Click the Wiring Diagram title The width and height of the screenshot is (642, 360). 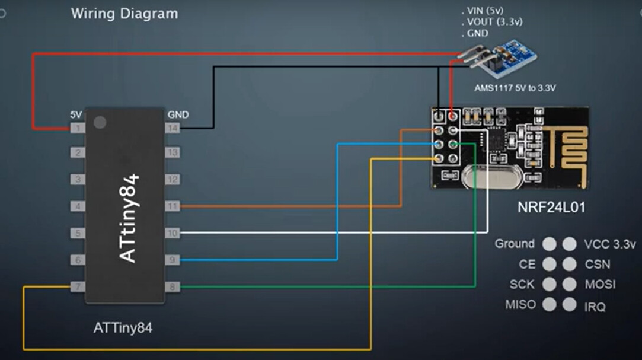pyautogui.click(x=124, y=14)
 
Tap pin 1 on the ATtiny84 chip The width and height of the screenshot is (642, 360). pyautogui.click(x=78, y=128)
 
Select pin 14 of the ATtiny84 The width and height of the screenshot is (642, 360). pyautogui.click(x=172, y=128)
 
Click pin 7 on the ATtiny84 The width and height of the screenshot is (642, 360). pyautogui.click(x=78, y=287)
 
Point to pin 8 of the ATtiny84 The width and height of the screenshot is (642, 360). pyautogui.click(x=172, y=287)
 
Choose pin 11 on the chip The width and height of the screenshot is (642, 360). pyautogui.click(x=172, y=206)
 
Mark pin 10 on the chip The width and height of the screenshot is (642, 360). pyautogui.click(x=172, y=233)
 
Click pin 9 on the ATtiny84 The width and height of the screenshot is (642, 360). pyautogui.click(x=172, y=260)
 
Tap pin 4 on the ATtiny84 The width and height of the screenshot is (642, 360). pyautogui.click(x=78, y=206)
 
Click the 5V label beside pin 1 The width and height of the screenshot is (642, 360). pyautogui.click(x=76, y=114)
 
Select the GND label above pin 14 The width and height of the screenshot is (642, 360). pyautogui.click(x=178, y=114)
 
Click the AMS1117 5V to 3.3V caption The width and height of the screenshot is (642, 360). pyautogui.click(x=515, y=88)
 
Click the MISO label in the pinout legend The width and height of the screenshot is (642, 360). pyautogui.click(x=520, y=305)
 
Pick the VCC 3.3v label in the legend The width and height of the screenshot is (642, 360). pyautogui.click(x=609, y=244)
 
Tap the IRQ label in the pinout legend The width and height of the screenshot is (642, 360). pyautogui.click(x=595, y=307)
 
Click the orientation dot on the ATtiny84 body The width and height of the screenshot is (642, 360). pyautogui.click(x=100, y=123)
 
